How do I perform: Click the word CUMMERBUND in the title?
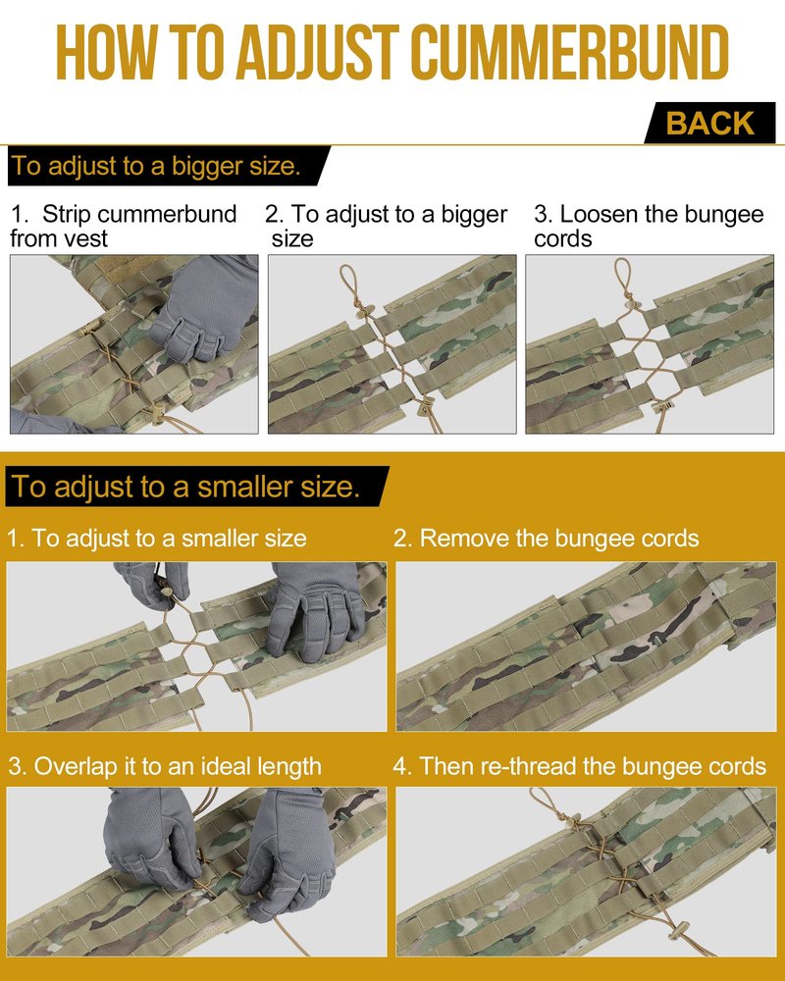point(570,53)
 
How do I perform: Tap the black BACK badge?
point(709,123)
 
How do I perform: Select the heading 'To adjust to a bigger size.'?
point(156,166)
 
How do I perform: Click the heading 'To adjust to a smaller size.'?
point(185,487)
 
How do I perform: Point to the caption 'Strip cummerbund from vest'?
point(124,226)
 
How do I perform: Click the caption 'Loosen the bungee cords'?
point(649,226)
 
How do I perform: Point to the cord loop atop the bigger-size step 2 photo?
point(347,282)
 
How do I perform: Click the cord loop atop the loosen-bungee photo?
point(623,278)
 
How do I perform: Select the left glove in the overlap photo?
point(152,839)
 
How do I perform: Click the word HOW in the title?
point(105,53)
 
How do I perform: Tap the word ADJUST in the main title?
point(317,53)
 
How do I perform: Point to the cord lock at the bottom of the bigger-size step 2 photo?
point(426,405)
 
